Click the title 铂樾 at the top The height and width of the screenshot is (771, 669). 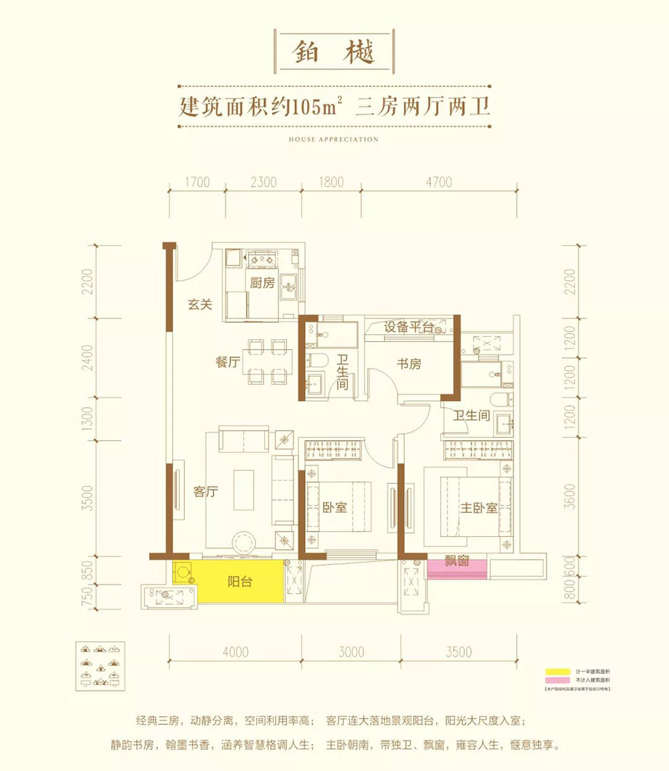(334, 52)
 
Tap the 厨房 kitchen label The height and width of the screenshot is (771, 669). (262, 283)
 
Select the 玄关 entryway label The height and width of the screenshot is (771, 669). (199, 305)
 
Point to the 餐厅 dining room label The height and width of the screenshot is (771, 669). (227, 362)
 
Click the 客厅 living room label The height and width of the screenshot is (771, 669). (207, 491)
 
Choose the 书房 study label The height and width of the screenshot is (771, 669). (409, 364)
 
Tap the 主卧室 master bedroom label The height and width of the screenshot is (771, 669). (478, 508)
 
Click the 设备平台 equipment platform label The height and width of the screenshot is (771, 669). (409, 327)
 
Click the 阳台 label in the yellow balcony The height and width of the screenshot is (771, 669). (239, 582)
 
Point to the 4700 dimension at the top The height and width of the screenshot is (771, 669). (439, 182)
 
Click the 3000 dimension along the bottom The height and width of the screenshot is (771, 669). (351, 652)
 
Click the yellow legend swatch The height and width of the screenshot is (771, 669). (554, 671)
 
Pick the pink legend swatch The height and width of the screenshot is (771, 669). (554, 679)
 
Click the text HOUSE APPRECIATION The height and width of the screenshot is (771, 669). (334, 140)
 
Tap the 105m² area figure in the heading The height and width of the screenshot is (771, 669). (316, 107)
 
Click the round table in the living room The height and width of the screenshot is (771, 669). (240, 540)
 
